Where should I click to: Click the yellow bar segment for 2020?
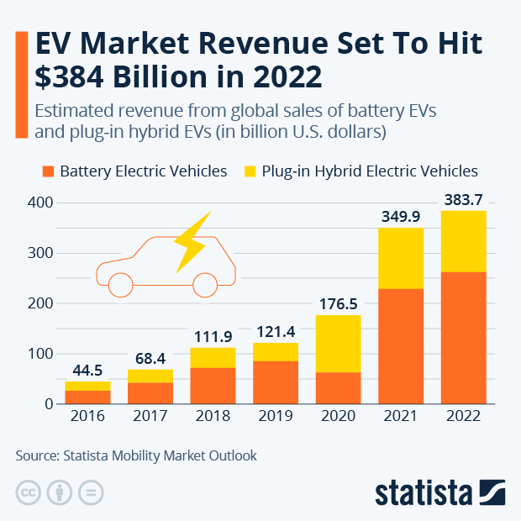pos(338,344)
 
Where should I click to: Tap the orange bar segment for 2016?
pos(88,397)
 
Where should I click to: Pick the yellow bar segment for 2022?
pos(463,241)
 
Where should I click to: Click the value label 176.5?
pos(338,303)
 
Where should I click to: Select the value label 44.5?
pos(88,369)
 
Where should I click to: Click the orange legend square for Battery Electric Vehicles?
pos(49,171)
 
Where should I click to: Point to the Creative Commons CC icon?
pos(29,492)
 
